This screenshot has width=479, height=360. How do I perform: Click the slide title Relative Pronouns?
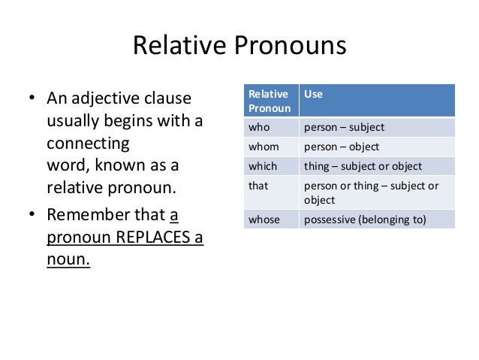coord(239,47)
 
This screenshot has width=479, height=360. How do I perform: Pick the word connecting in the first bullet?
coord(88,143)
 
